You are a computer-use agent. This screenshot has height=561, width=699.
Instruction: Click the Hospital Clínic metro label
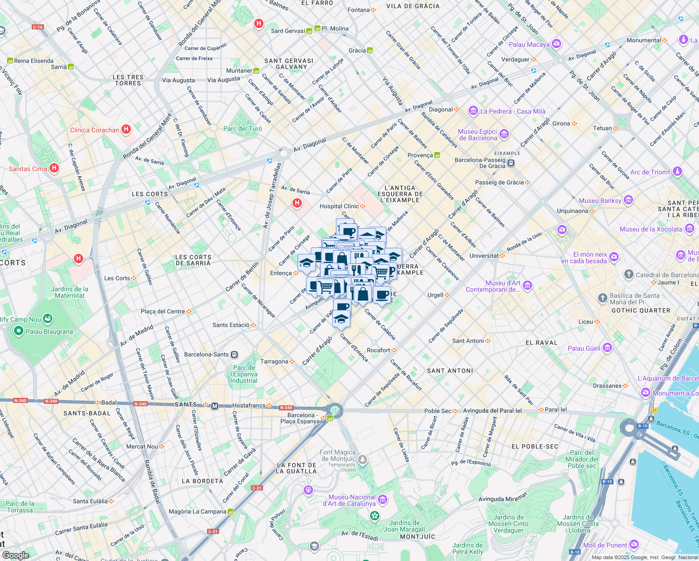click(339, 206)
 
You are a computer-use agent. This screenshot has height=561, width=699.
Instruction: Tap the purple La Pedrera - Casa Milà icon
click(473, 111)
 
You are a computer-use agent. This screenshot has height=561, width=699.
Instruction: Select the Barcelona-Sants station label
click(207, 354)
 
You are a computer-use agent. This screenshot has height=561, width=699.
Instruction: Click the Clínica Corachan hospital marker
click(126, 129)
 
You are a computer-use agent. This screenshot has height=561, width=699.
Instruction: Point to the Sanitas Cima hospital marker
click(54, 168)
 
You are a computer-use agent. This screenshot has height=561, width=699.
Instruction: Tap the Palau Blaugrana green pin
click(19, 331)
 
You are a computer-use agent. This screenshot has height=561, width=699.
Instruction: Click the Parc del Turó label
click(243, 129)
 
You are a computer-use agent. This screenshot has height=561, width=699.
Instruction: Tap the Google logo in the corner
click(15, 555)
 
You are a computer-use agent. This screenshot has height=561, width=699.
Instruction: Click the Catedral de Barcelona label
click(667, 275)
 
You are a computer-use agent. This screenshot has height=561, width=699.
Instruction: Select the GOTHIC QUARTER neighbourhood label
click(641, 310)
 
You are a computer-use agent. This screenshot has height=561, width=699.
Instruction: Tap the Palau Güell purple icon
click(607, 348)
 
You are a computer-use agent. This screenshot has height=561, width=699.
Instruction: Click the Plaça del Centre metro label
click(163, 311)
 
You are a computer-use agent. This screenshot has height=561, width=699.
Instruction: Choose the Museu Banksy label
click(600, 201)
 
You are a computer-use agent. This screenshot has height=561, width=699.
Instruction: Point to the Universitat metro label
click(484, 256)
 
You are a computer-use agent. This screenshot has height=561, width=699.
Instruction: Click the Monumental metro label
click(643, 40)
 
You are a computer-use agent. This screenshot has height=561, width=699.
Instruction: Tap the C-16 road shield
click(38, 27)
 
